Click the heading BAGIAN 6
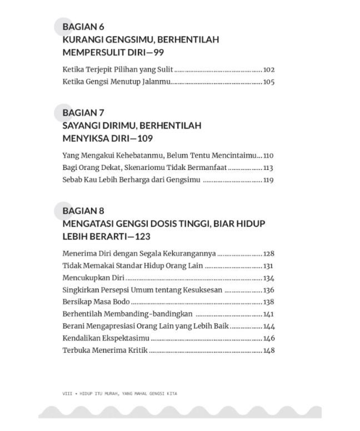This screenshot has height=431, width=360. (x=83, y=27)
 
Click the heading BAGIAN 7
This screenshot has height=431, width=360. (x=83, y=112)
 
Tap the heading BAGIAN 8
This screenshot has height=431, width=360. (x=83, y=211)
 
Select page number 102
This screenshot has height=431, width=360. (x=269, y=70)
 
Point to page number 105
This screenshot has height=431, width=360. (x=269, y=82)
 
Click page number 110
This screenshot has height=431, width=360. (x=269, y=156)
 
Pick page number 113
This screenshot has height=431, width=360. (x=269, y=168)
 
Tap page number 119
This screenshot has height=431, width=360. (x=269, y=180)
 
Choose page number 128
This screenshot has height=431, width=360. (x=269, y=254)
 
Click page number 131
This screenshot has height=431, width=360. (x=269, y=266)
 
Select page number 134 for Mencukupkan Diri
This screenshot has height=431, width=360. (x=269, y=278)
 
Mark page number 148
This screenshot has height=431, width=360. (x=269, y=350)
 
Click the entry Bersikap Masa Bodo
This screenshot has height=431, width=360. (x=96, y=302)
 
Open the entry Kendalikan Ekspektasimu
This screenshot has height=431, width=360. (x=106, y=338)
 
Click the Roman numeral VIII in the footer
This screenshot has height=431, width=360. (x=68, y=394)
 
